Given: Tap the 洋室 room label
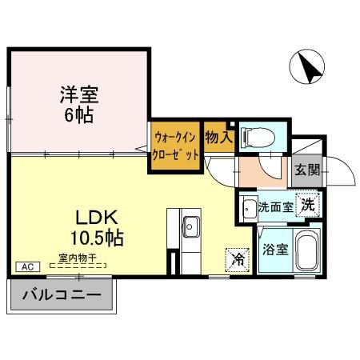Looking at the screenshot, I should tap(78, 94).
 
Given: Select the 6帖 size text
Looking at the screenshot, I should tap(78, 114).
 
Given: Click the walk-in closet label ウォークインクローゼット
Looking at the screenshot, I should tap(175, 146).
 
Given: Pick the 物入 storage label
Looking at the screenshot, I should tap(218, 138).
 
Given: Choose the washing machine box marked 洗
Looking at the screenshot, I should tap(307, 204).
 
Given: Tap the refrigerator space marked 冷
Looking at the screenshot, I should tap(238, 258).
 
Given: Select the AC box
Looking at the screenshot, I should tap(25, 266).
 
